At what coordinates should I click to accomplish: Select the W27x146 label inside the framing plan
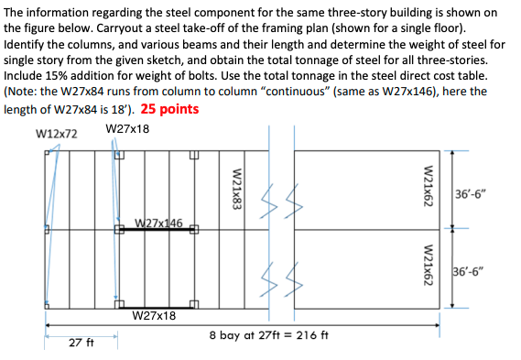click(x=158, y=223)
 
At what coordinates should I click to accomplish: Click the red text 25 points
click(x=170, y=109)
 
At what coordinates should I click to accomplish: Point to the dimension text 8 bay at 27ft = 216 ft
click(x=268, y=336)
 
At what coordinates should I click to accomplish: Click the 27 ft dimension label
click(x=82, y=343)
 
